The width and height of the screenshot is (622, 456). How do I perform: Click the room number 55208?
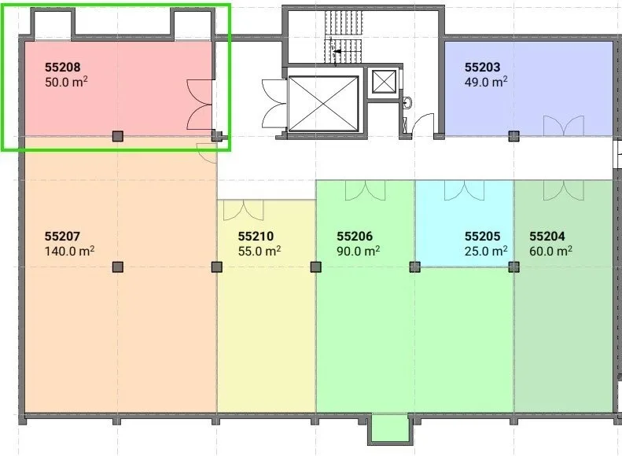pyautogui.click(x=63, y=68)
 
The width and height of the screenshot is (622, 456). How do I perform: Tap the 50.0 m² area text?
pyautogui.click(x=66, y=82)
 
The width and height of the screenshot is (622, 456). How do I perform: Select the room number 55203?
pyautogui.click(x=482, y=68)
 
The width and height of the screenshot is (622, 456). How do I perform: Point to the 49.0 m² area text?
pyautogui.click(x=486, y=82)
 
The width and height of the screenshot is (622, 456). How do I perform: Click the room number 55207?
pyautogui.click(x=62, y=237)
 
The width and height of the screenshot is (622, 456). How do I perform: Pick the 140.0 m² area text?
pyautogui.click(x=69, y=251)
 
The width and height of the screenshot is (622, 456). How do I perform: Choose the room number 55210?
pyautogui.click(x=256, y=237)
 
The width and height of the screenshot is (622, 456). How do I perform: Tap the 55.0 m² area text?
pyautogui.click(x=259, y=251)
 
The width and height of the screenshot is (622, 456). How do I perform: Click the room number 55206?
pyautogui.click(x=355, y=237)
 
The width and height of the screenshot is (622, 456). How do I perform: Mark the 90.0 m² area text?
pyautogui.click(x=359, y=251)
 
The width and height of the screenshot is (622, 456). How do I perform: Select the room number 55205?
pyautogui.click(x=482, y=237)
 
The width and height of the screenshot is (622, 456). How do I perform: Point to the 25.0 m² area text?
pyautogui.click(x=486, y=251)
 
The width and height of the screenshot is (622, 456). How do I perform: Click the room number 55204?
pyautogui.click(x=547, y=237)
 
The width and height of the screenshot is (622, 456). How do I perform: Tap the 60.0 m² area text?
pyautogui.click(x=550, y=251)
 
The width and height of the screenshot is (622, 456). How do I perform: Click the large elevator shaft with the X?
pyautogui.click(x=323, y=104)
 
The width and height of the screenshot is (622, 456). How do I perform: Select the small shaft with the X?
pyautogui.click(x=384, y=81)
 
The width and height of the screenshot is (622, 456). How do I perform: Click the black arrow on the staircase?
pyautogui.click(x=337, y=52)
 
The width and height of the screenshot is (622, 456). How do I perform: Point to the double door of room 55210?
pyautogui.click(x=244, y=211)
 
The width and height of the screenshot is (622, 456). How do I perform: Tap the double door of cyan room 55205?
pyautogui.click(x=464, y=190)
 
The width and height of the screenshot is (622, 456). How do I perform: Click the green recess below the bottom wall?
pyautogui.click(x=389, y=428)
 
